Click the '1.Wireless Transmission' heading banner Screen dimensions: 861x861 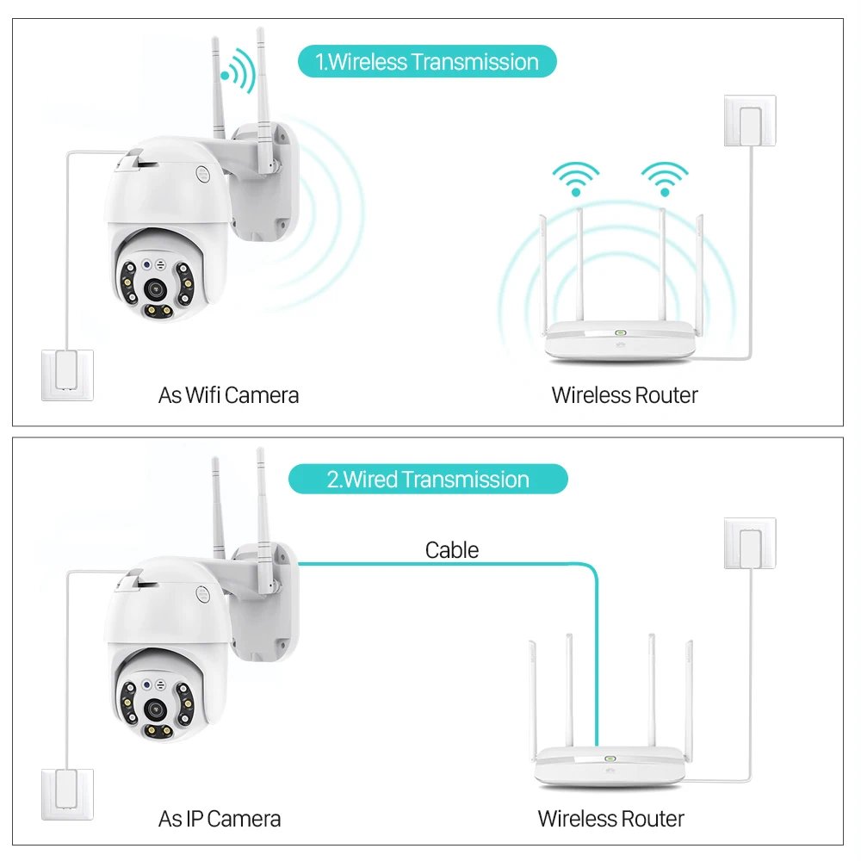click(x=427, y=62)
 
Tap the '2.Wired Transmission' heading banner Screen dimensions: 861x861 click(x=428, y=480)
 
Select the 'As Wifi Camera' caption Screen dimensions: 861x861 click(x=229, y=395)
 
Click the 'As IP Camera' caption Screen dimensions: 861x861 click(x=220, y=817)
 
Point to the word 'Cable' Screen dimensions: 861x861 click(x=452, y=550)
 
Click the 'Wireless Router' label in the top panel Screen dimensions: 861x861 click(x=624, y=395)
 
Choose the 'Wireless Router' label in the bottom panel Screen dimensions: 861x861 click(x=611, y=818)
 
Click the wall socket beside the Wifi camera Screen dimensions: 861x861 click(x=67, y=374)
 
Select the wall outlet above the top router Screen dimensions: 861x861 click(x=749, y=122)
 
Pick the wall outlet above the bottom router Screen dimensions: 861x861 click(x=749, y=544)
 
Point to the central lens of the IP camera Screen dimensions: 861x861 click(x=156, y=709)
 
